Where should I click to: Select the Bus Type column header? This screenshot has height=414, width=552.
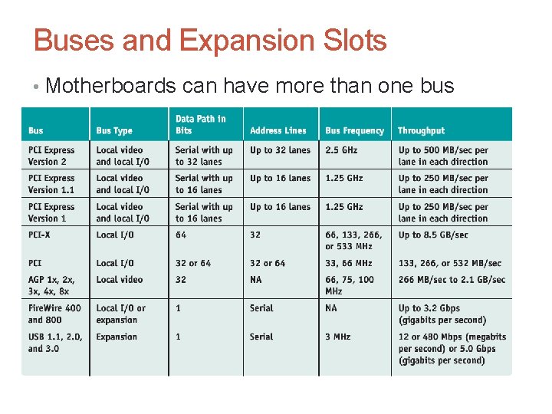(x=114, y=131)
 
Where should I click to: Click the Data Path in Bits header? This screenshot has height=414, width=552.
(x=200, y=124)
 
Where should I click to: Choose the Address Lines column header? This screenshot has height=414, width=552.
(x=278, y=131)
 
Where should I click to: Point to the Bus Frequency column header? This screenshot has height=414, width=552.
(x=354, y=131)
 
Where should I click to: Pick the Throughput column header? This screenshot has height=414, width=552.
(x=421, y=131)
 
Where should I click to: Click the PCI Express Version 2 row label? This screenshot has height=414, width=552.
(x=51, y=156)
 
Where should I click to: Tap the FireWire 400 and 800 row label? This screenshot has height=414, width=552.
(x=54, y=314)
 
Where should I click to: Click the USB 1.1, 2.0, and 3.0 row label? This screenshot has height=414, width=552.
(x=54, y=342)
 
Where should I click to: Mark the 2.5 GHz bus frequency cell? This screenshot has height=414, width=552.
(x=343, y=150)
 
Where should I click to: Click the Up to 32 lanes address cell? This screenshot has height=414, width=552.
(x=280, y=150)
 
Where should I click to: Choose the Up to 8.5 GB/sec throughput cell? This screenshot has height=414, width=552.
(x=432, y=235)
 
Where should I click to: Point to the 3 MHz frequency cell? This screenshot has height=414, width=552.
(x=338, y=337)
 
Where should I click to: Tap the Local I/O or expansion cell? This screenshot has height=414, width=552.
(x=120, y=314)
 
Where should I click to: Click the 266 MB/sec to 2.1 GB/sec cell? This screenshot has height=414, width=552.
(x=452, y=280)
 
